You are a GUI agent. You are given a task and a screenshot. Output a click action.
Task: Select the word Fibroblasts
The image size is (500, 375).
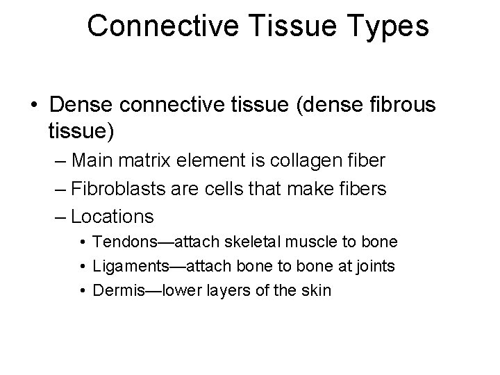point(112,188)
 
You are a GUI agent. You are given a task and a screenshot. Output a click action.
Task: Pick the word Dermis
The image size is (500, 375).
point(113,290)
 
